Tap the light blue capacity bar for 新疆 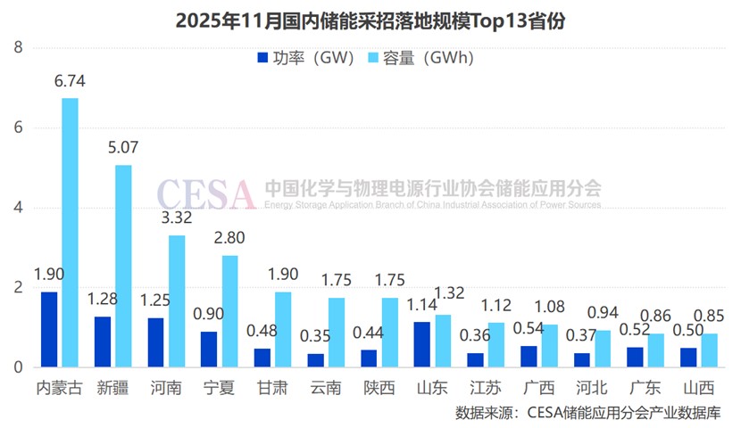point(123,266)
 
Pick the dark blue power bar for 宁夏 point(208,349)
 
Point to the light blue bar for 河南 point(177,300)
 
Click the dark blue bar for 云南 point(315,359)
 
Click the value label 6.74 point(69,81)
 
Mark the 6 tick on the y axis point(18,128)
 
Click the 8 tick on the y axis point(18,47)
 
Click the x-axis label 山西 point(701,390)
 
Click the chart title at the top point(370,20)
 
